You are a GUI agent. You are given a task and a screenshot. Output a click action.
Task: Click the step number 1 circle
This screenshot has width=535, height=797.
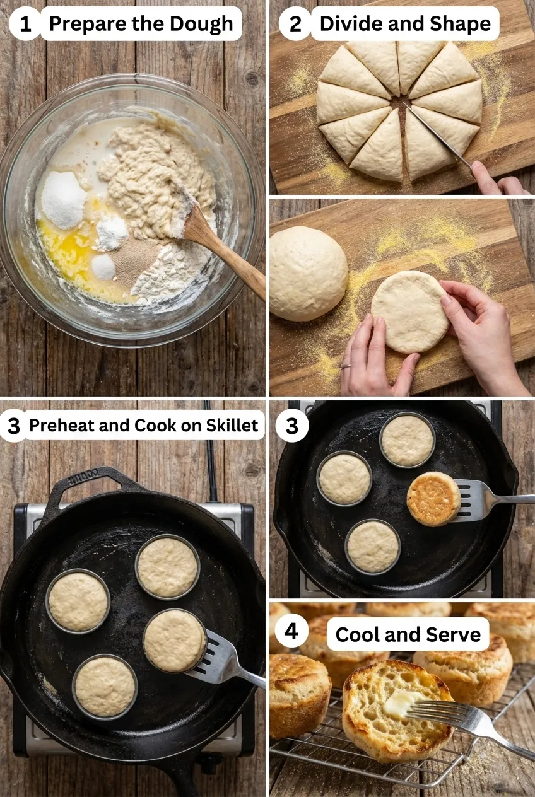point(25,25)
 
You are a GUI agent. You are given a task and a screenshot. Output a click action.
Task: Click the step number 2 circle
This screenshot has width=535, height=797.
point(295,24)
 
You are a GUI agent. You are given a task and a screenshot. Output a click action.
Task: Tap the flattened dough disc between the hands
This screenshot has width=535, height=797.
point(409,310)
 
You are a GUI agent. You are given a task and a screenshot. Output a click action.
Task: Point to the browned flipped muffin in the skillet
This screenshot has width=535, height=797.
point(433,498)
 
